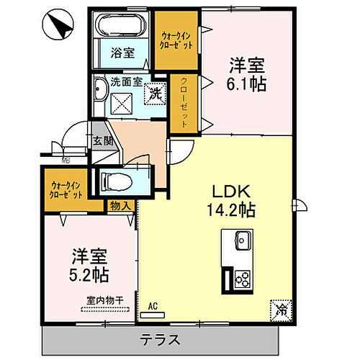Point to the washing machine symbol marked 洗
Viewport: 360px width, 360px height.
[154, 91]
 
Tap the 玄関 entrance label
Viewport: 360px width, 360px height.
[99, 140]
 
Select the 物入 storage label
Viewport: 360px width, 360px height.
[120, 206]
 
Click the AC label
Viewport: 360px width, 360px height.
[152, 305]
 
